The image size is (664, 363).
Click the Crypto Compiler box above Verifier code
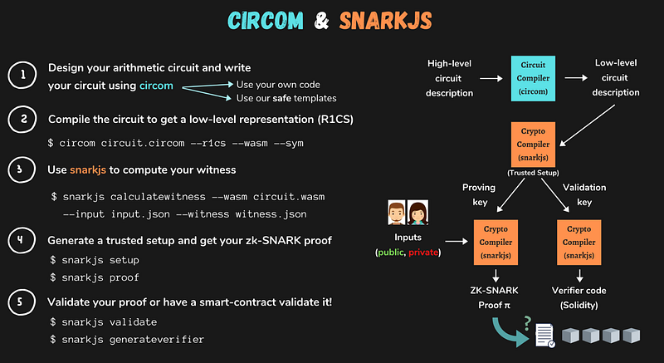click(579, 239)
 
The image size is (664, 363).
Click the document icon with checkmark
click(544, 334)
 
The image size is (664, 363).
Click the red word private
click(423, 252)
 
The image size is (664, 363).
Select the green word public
click(390, 252)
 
